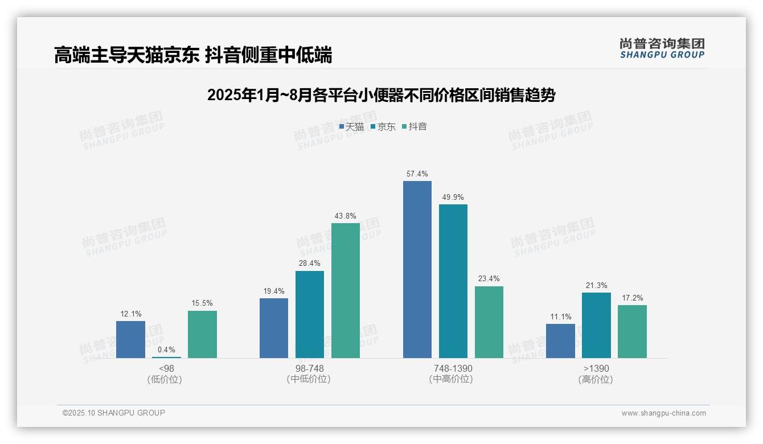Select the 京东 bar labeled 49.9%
point(453,281)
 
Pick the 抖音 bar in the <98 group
point(202,334)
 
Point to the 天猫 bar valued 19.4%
point(274,328)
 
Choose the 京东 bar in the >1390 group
point(596,325)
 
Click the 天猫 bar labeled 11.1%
point(560,341)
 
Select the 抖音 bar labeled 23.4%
point(489,322)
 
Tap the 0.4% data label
point(166,350)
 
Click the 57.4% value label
point(417,174)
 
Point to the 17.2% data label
point(632,298)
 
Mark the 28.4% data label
point(310,263)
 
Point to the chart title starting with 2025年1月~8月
point(381,95)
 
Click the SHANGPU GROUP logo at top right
point(662,48)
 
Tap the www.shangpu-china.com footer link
point(663,413)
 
